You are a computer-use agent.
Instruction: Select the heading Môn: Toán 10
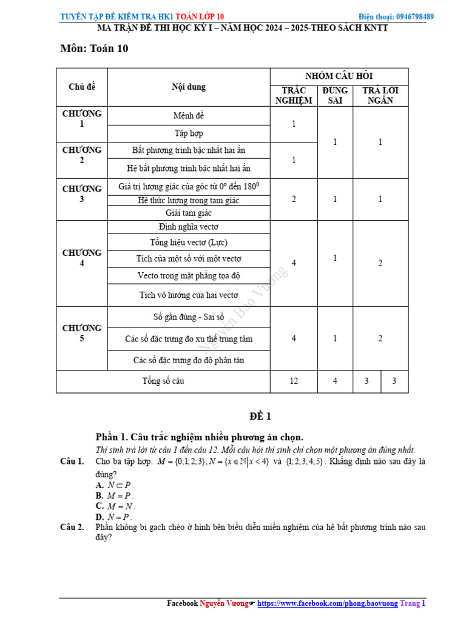click(94, 49)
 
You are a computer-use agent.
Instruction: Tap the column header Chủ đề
click(82, 87)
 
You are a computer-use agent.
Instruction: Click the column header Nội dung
click(189, 87)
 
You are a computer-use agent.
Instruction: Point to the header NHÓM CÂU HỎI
click(339, 76)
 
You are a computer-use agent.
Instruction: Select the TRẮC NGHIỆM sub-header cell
click(294, 96)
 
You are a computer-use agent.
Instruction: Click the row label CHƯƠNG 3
click(82, 193)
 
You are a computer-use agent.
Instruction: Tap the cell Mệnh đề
click(189, 115)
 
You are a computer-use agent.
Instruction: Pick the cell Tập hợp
click(189, 133)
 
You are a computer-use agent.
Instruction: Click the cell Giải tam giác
click(189, 213)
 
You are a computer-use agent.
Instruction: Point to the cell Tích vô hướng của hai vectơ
click(189, 295)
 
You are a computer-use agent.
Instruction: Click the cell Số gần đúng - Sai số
click(189, 317)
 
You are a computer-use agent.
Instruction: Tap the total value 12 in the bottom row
click(294, 381)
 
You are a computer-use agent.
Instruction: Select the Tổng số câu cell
click(163, 381)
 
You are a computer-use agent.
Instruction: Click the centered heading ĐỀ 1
click(260, 417)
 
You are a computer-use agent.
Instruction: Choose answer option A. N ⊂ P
click(115, 485)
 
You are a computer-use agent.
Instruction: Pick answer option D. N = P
click(113, 517)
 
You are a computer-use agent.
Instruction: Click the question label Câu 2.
click(72, 527)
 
